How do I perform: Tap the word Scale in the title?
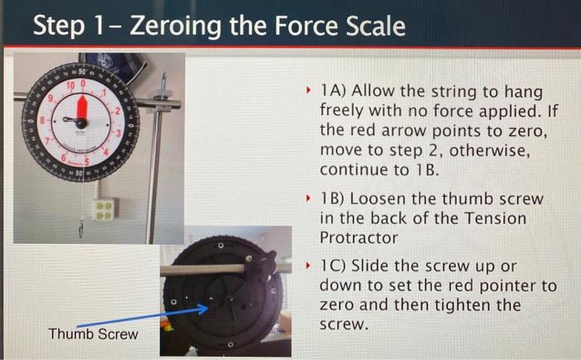371,27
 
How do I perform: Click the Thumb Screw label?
93,334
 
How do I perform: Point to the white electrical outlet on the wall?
105,207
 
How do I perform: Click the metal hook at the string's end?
81,228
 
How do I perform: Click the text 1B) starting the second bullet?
334,199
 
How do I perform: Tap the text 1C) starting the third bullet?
334,265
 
